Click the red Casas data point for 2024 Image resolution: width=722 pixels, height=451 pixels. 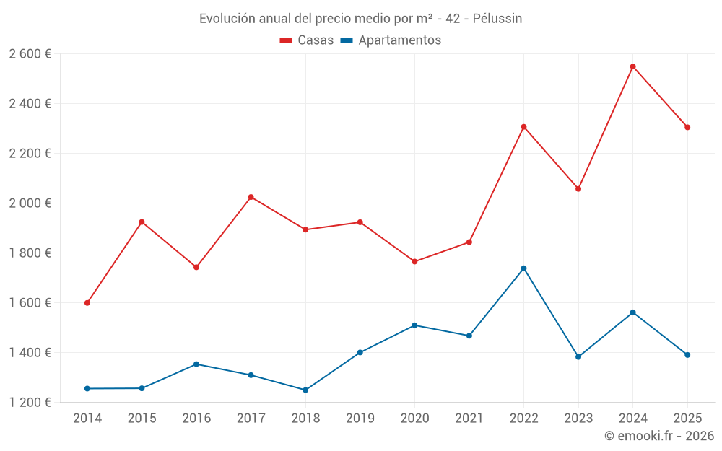pos(632,66)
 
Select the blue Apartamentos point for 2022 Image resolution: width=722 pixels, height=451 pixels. pos(523,268)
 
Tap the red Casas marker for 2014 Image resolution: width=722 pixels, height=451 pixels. pos(87,303)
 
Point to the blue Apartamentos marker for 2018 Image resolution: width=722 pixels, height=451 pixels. pos(305,390)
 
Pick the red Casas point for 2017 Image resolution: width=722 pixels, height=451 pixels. pos(251,197)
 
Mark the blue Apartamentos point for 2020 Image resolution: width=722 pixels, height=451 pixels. pos(414,325)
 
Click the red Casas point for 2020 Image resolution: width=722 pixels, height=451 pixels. pos(414,261)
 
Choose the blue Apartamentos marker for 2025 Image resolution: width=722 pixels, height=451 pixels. pos(687,355)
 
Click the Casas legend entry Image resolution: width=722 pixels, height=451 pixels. pos(307,40)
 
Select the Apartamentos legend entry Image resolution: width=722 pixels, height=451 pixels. pos(390,40)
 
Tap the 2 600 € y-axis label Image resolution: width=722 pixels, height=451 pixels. pos(30,54)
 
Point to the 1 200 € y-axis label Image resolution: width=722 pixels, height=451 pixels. pos(30,403)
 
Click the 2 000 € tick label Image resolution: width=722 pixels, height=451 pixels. pos(30,203)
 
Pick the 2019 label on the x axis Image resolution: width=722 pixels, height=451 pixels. pos(360,419)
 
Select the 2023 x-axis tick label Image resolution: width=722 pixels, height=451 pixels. pos(578,419)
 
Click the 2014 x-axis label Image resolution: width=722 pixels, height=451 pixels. pos(87,419)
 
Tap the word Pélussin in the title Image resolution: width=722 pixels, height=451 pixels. pos(497,19)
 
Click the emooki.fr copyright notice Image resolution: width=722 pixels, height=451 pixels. pos(658,436)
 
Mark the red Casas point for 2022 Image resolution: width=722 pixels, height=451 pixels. pos(523,127)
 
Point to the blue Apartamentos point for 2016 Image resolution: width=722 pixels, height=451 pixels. pos(196,364)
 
